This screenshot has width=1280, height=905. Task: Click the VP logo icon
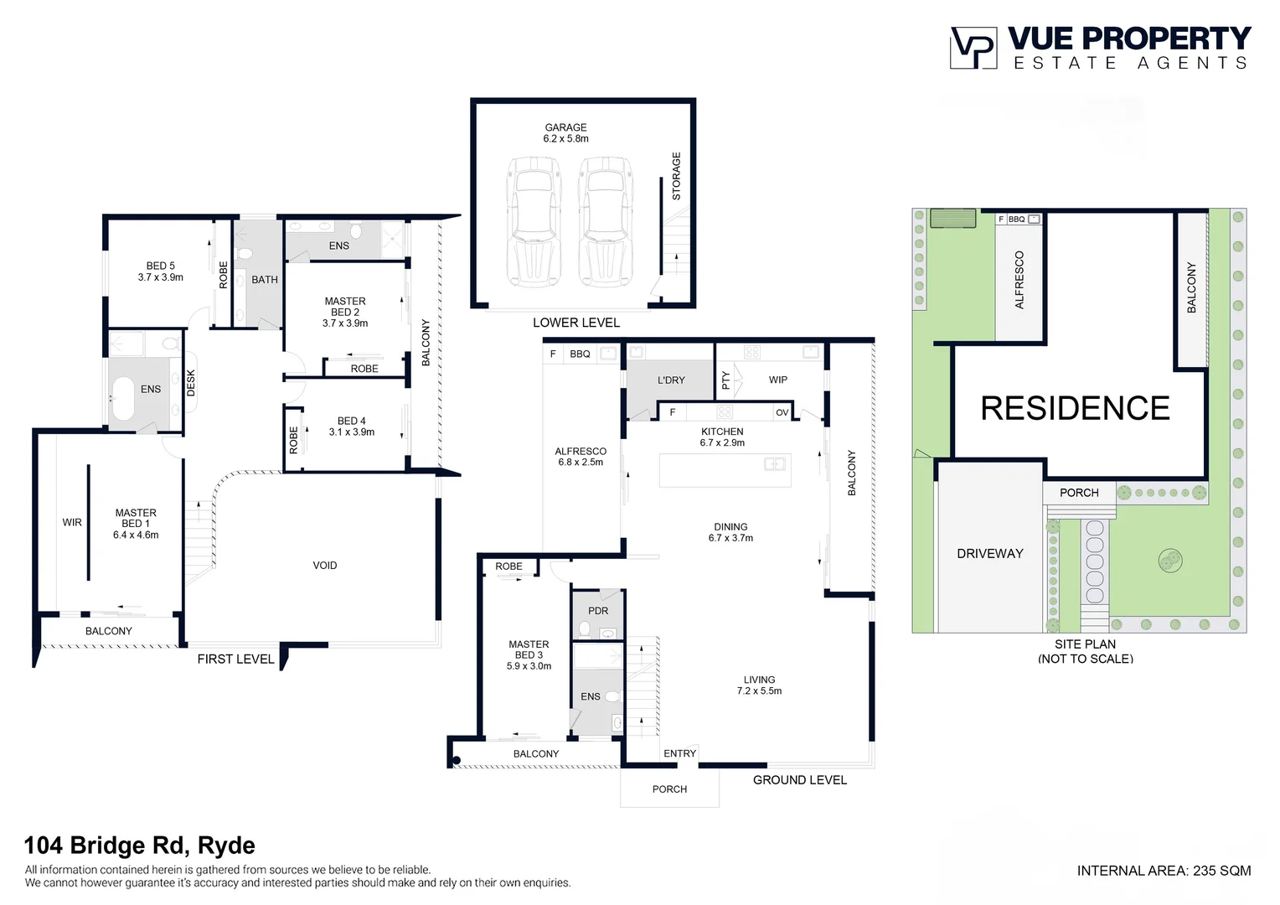[x=973, y=48]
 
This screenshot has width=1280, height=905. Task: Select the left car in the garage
[x=534, y=222]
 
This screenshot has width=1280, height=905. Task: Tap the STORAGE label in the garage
[x=676, y=176]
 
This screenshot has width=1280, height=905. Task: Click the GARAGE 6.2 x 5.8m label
[x=565, y=133]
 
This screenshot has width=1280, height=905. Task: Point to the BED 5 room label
[x=160, y=271]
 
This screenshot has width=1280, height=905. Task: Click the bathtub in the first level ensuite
[x=123, y=398]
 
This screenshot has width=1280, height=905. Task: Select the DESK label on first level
[x=191, y=382]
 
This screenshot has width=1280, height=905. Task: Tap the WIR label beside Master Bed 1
[x=72, y=522]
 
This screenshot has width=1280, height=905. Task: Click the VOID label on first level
[x=325, y=566]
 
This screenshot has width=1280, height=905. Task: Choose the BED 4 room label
[x=351, y=427]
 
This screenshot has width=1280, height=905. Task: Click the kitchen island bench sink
[x=774, y=463]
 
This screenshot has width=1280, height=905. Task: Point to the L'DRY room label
[x=671, y=380]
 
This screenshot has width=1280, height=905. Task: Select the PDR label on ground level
[x=598, y=611]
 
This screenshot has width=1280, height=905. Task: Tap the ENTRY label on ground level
[x=679, y=753]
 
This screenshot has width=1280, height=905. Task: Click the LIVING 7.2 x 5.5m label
[x=759, y=685]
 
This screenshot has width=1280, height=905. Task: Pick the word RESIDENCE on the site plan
[x=1075, y=408]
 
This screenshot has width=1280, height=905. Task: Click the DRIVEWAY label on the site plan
[x=989, y=553]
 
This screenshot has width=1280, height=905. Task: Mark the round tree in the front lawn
[x=1169, y=561]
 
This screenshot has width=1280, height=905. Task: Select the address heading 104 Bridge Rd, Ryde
[x=139, y=846]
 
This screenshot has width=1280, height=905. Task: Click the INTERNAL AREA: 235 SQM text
[x=1164, y=871]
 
